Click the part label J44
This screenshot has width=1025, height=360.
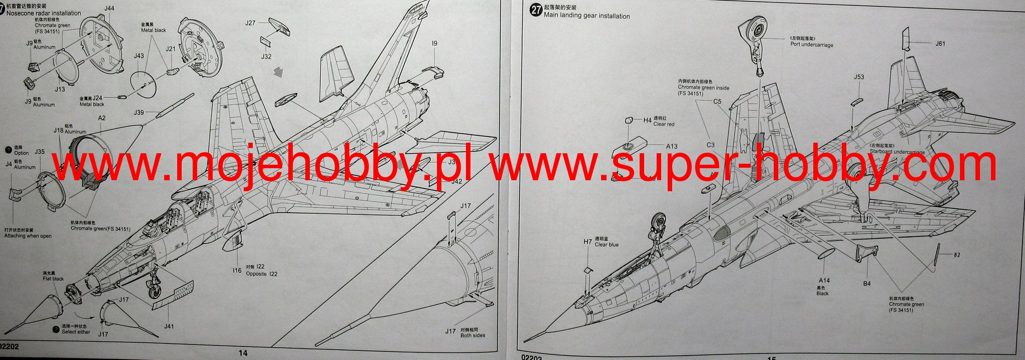tap(110, 9)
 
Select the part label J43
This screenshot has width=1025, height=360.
tap(139, 56)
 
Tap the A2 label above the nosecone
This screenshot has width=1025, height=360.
tap(102, 118)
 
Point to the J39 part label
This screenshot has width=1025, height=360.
tap(139, 113)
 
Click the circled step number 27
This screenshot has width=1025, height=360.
tap(536, 11)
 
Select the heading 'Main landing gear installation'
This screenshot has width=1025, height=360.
tap(587, 16)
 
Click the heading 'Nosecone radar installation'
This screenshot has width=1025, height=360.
tap(44, 13)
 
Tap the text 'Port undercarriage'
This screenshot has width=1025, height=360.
tap(812, 45)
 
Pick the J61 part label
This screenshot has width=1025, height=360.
tap(940, 44)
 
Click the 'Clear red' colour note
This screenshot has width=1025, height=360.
tap(664, 124)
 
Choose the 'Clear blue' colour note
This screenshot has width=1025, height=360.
tap(606, 245)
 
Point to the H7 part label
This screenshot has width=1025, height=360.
tap(588, 242)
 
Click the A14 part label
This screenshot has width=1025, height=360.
tap(824, 280)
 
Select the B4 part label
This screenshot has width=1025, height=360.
tap(867, 283)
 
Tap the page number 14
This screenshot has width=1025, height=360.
tap(243, 353)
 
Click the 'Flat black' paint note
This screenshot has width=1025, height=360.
tap(53, 279)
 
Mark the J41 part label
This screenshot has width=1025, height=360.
tap(169, 326)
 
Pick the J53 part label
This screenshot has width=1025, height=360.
tap(859, 77)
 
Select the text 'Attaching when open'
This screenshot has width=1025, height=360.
tap(28, 236)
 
